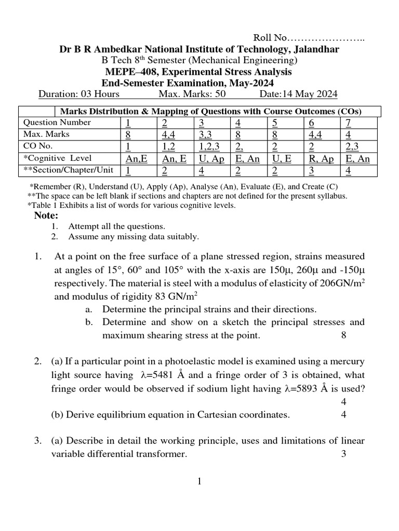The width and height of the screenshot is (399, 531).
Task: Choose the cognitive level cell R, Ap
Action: click(x=321, y=159)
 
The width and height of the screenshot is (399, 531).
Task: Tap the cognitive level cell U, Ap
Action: click(x=211, y=159)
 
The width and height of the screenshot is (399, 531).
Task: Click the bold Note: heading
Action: click(x=46, y=216)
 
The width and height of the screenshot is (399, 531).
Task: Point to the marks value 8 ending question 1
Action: click(x=343, y=336)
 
